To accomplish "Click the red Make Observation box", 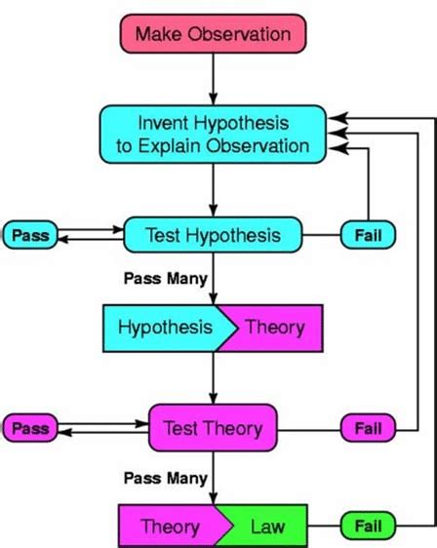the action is [214, 34].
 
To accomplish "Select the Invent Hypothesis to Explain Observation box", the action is [213, 135].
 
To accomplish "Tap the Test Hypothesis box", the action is [213, 235].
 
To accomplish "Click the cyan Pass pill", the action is [30, 235].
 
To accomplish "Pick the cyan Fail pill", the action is [368, 235].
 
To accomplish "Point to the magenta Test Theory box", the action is [213, 428].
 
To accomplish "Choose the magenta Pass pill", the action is [30, 428].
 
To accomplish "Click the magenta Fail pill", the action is [368, 428].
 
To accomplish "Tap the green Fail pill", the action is [368, 526].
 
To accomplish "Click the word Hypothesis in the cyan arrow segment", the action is [165, 328].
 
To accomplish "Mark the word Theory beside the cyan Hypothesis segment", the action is [275, 328].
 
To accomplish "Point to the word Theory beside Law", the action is [171, 527].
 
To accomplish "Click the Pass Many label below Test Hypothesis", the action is [166, 279].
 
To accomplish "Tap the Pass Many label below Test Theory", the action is [166, 478].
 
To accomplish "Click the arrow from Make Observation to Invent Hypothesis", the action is [214, 79].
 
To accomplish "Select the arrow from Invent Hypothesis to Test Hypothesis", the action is [214, 190].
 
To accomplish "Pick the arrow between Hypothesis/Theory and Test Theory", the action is [214, 378].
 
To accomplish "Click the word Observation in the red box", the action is [239, 34].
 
